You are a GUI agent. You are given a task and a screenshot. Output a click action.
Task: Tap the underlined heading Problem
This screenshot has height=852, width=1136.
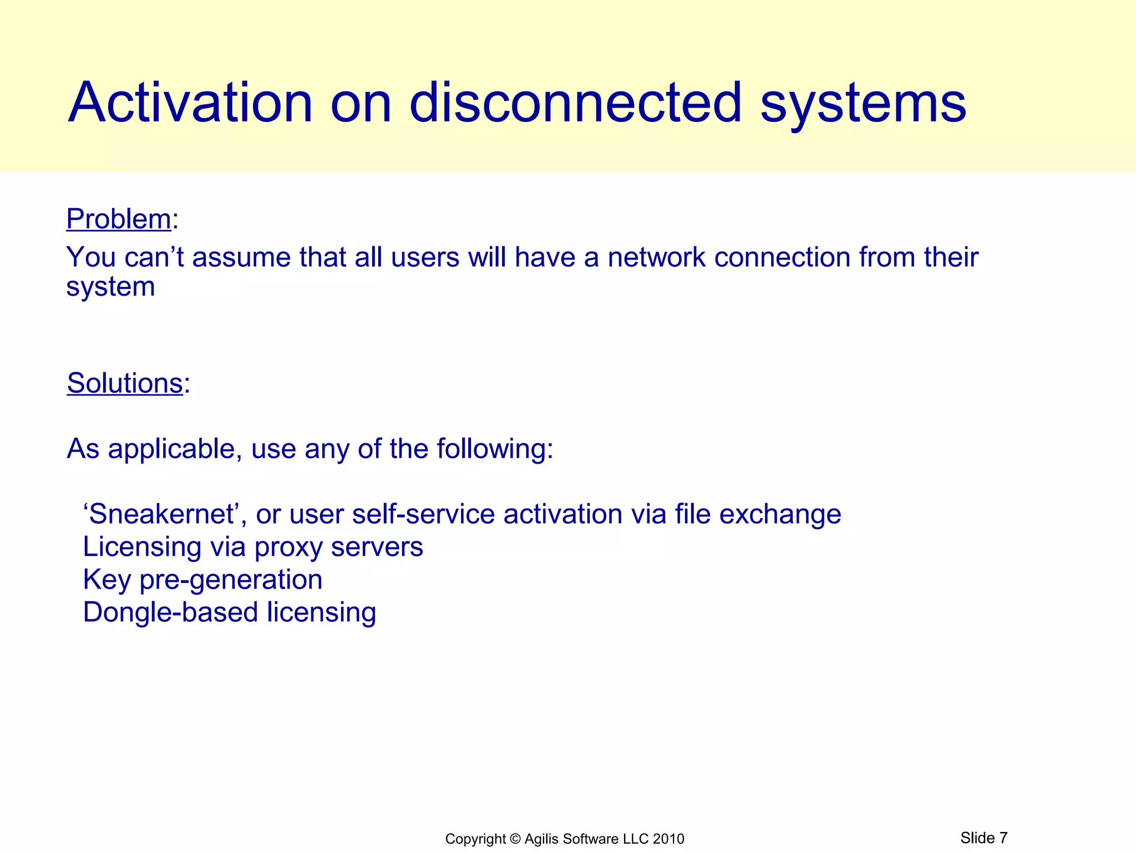118,219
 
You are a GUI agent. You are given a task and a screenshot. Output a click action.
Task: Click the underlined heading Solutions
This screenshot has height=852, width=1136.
125,383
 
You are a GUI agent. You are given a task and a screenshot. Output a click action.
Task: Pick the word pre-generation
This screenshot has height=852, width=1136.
230,580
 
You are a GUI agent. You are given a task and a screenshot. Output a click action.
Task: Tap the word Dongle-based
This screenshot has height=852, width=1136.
170,612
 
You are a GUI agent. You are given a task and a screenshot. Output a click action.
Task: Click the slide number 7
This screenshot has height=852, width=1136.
1003,838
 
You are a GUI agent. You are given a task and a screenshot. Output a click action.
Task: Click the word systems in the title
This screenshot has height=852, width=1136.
863,103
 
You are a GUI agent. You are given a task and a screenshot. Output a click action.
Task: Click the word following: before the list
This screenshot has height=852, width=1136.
495,449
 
